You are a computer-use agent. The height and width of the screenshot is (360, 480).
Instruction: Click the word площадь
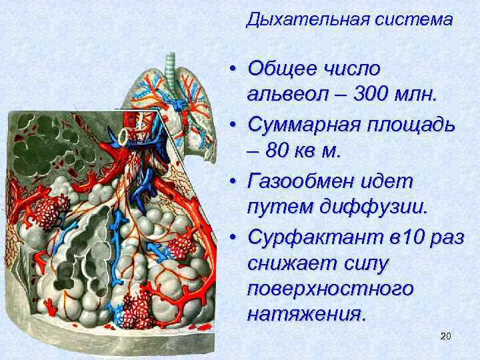pyautogui.click(x=413, y=124)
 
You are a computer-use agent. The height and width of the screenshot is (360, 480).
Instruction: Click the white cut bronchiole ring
pyautogui.click(x=125, y=136)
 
